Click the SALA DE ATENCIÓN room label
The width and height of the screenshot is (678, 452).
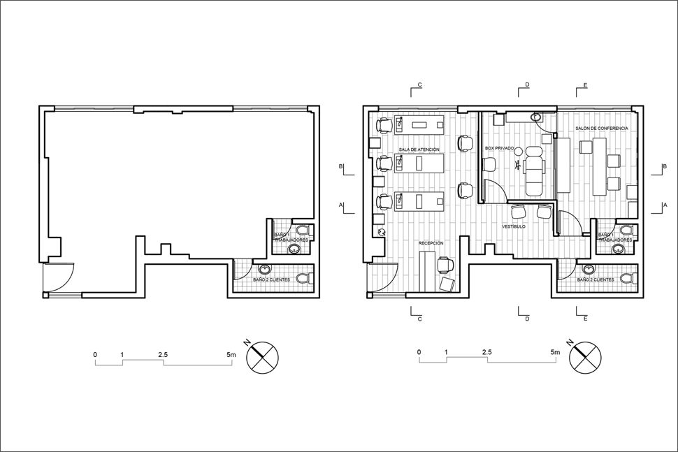pyautogui.click(x=419, y=150)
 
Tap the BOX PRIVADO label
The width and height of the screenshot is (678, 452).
pyautogui.click(x=500, y=149)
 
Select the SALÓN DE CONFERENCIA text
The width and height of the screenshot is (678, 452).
pyautogui.click(x=602, y=129)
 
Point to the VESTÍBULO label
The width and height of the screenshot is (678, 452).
pyautogui.click(x=514, y=227)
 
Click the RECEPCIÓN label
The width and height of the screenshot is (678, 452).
pyautogui.click(x=431, y=242)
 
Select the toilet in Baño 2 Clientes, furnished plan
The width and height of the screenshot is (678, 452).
pyautogui.click(x=633, y=278)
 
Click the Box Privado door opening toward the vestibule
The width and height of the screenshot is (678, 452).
pyautogui.click(x=493, y=191)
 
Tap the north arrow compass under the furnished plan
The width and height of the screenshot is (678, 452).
pyautogui.click(x=584, y=357)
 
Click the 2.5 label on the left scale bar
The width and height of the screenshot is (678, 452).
pyautogui.click(x=163, y=355)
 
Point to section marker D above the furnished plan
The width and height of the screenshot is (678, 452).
pyautogui.click(x=527, y=85)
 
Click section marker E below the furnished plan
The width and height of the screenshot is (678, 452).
pyautogui.click(x=585, y=319)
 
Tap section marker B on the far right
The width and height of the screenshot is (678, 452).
pyautogui.click(x=663, y=167)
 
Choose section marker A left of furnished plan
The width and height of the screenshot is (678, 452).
pyautogui.click(x=340, y=205)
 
